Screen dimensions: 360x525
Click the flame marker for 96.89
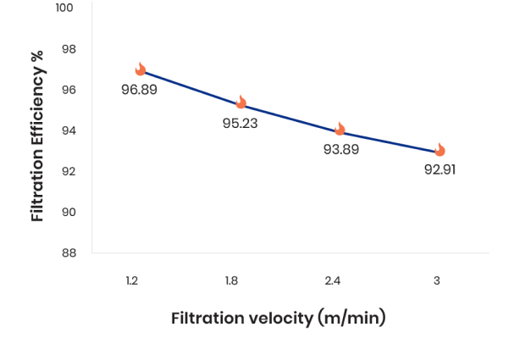point(141,69)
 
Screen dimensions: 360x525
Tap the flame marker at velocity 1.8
point(240,102)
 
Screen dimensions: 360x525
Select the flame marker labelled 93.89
point(340,129)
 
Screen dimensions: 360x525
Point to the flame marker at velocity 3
point(439,150)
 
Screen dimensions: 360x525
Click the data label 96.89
point(139,90)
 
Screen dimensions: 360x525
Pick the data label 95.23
point(240,123)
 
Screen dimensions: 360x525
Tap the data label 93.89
point(341,149)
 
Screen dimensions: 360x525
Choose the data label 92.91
point(440,169)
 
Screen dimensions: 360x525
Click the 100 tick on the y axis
point(64,8)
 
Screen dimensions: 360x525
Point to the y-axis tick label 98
point(68,49)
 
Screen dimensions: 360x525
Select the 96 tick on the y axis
point(68,90)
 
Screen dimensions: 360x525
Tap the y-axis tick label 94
point(68,130)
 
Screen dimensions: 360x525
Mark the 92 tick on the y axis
point(68,171)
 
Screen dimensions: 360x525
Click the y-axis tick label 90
point(68,212)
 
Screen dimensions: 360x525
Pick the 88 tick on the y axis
point(68,252)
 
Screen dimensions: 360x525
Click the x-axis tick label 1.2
point(131,280)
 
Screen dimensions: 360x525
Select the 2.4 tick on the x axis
point(333,280)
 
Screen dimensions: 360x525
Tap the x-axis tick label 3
point(437,280)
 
